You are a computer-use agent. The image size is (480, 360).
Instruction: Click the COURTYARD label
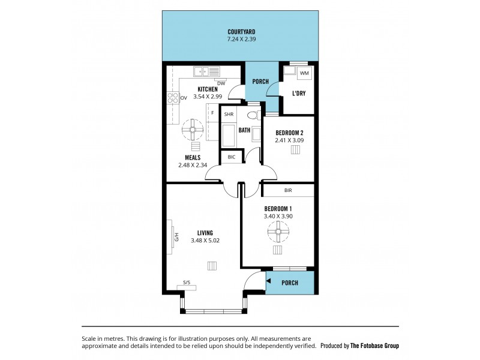[241, 32]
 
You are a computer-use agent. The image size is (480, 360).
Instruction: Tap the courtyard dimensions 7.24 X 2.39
[241, 39]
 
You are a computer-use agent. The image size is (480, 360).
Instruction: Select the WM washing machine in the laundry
[304, 73]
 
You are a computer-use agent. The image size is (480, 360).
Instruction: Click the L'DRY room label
[298, 93]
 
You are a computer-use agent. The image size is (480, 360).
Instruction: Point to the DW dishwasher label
[221, 83]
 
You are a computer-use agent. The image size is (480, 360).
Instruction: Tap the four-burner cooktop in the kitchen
[173, 98]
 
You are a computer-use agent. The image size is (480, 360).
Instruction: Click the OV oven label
[184, 98]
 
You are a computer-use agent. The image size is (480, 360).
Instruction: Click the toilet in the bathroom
[253, 115]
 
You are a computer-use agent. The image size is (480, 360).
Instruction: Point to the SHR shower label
[229, 114]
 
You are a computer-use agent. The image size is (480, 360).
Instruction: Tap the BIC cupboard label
[232, 157]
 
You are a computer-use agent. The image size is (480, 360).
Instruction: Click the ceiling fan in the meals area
[193, 129]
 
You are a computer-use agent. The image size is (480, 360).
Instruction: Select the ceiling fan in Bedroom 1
[278, 232]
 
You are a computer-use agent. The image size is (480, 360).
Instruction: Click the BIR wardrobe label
[288, 190]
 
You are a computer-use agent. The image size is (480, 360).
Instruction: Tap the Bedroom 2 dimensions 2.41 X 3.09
[289, 140]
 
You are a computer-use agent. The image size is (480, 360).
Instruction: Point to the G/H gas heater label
[176, 237]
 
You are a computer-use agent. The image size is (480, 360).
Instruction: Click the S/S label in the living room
[187, 282]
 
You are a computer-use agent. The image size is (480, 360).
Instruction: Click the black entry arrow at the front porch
[268, 281]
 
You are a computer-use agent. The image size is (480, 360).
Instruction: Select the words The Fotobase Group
[374, 346]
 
